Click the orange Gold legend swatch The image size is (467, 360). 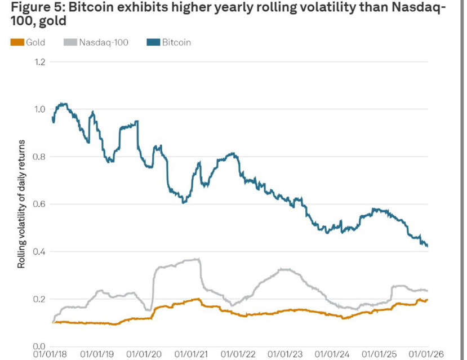(x=16, y=42)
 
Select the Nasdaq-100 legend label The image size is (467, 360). (x=104, y=42)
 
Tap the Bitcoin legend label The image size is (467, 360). (x=176, y=42)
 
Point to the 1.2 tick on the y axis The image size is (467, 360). (x=39, y=62)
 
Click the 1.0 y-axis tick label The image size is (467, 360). (x=39, y=109)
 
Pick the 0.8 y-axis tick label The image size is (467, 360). (x=39, y=157)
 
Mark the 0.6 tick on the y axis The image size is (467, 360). (x=39, y=204)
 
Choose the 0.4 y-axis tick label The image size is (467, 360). (x=39, y=251)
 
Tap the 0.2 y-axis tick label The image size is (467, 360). (x=39, y=299)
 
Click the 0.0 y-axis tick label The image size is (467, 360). (x=39, y=346)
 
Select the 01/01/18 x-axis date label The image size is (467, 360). (x=51, y=355)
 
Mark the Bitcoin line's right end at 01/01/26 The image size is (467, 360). (x=428, y=246)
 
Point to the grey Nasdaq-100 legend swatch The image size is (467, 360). (x=70, y=42)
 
